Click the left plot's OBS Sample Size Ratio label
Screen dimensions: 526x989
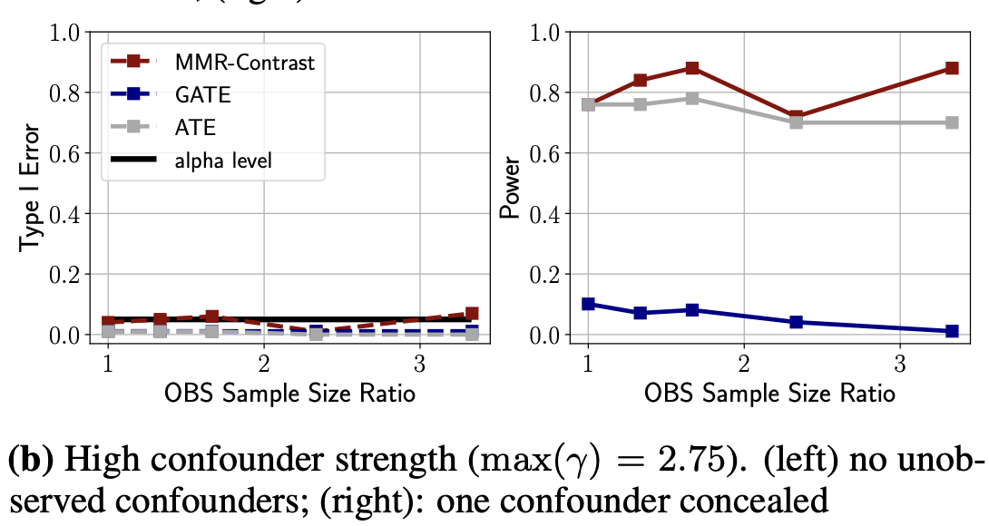(289, 394)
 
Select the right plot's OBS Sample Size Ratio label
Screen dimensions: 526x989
(769, 394)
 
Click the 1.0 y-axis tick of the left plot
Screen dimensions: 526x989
(64, 33)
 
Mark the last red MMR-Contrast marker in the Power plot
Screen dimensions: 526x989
(952, 68)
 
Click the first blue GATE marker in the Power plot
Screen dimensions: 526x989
(588, 304)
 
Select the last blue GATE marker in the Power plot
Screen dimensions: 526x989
(952, 331)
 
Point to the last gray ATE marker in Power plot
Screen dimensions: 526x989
(952, 122)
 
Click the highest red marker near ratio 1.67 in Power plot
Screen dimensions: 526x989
(692, 68)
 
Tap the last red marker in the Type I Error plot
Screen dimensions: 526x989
(472, 313)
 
